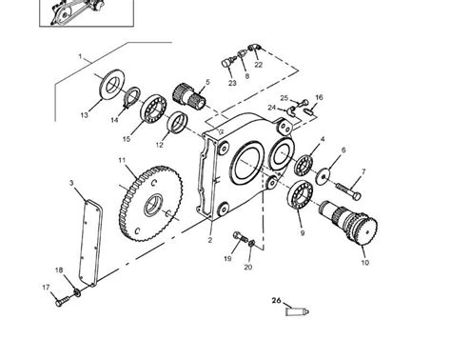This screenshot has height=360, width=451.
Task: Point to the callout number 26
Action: (x=278, y=301)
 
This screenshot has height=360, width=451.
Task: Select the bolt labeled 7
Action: (x=346, y=183)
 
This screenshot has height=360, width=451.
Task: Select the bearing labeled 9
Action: (x=300, y=198)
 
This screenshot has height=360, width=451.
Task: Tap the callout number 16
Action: (x=319, y=97)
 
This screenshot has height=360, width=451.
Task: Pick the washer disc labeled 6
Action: (x=325, y=175)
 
